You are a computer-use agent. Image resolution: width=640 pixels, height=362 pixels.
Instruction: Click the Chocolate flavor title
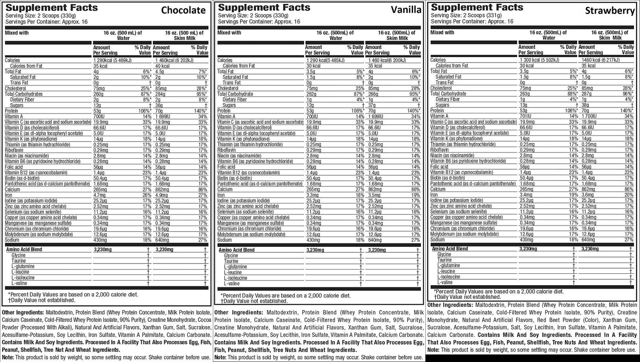click(183, 10)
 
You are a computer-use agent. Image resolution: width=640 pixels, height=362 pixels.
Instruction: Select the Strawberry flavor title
click(610, 11)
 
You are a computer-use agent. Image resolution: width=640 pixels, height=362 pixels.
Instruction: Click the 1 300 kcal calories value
click(538, 60)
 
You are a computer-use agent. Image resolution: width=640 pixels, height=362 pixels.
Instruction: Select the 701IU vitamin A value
click(525, 116)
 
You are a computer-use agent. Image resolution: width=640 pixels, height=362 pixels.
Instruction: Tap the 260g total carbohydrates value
click(98, 94)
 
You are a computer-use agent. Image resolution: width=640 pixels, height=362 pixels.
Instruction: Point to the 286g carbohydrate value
click(373, 94)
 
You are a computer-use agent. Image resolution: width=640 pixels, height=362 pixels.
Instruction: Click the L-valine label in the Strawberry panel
click(445, 282)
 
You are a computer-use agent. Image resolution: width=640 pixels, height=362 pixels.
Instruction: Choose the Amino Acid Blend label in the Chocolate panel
click(24, 249)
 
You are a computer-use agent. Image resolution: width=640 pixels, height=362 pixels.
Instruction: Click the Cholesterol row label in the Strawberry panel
click(441, 88)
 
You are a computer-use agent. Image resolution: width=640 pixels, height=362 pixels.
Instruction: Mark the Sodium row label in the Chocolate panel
click(12, 240)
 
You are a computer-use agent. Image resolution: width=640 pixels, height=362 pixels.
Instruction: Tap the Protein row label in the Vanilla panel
click(224, 111)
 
